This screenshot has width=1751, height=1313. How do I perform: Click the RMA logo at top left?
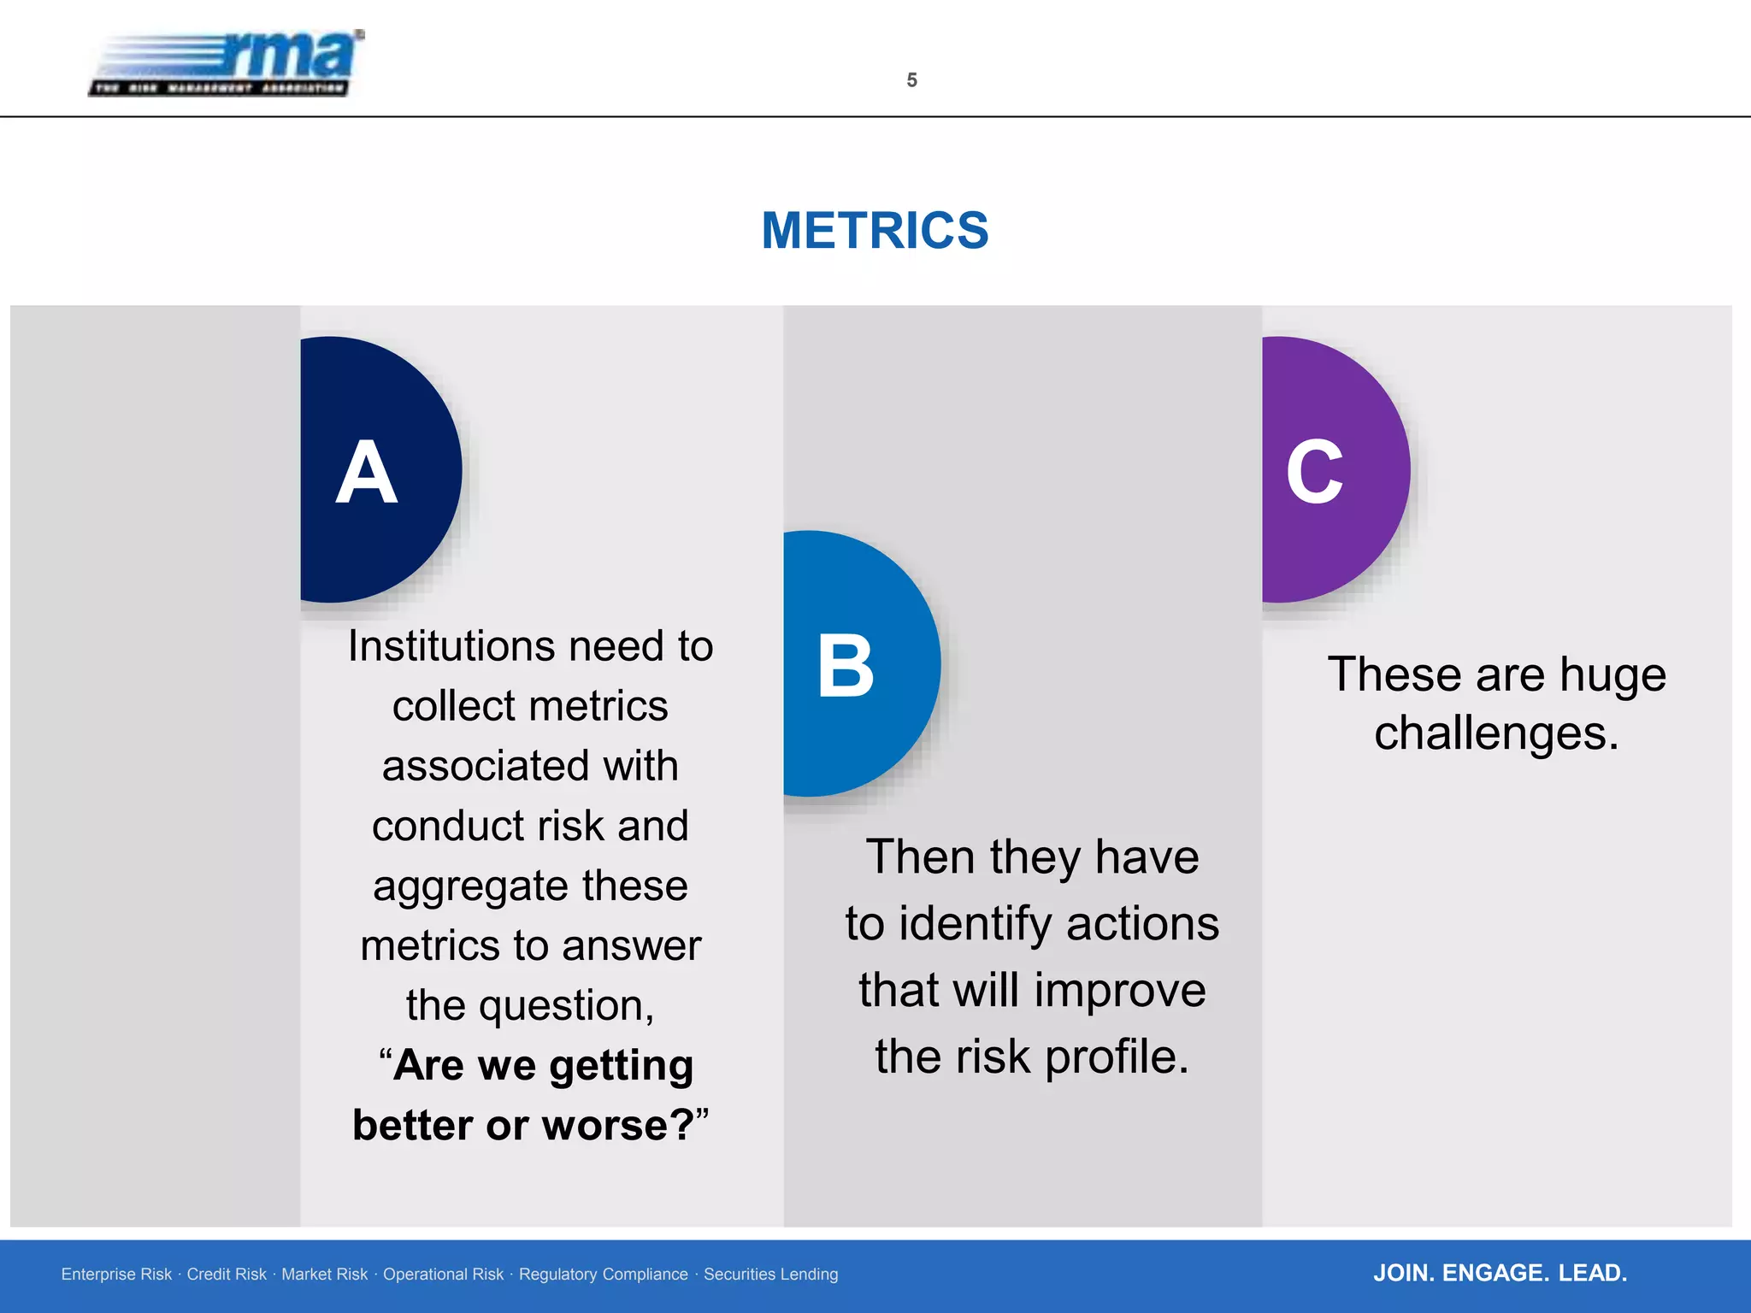[227, 63]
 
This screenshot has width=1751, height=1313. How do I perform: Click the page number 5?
[911, 80]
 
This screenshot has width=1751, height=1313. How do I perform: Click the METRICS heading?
[875, 231]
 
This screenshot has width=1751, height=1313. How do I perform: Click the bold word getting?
[621, 1066]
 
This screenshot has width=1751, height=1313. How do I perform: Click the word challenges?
[1496, 733]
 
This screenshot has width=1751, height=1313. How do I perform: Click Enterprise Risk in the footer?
[116, 1275]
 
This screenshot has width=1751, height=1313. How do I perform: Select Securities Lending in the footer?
[770, 1275]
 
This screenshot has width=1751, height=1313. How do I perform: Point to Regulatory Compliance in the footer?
[603, 1275]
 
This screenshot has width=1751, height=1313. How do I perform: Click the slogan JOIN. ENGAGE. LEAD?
[1500, 1273]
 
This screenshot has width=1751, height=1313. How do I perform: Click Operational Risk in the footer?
[443, 1275]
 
